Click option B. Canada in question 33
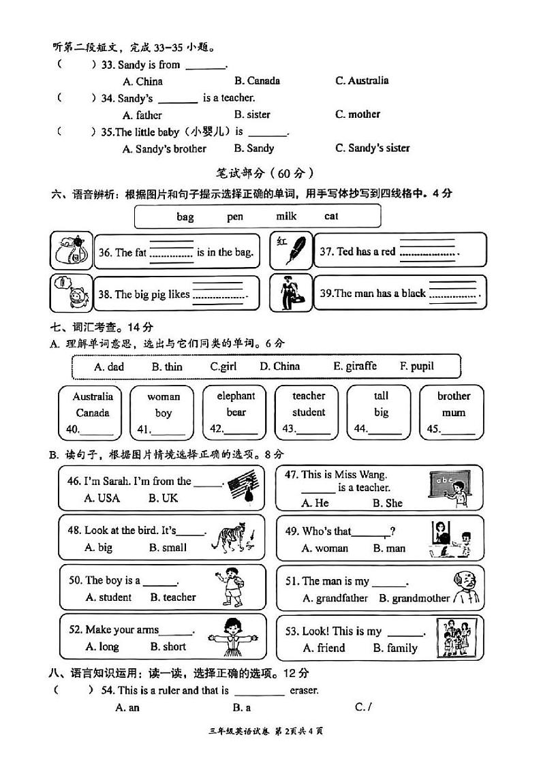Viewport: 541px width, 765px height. [x=256, y=80]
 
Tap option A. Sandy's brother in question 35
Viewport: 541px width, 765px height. [x=164, y=149]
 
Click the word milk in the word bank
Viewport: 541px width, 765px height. [x=286, y=216]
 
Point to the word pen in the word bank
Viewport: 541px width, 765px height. [x=234, y=217]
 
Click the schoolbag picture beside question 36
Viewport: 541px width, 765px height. [x=71, y=251]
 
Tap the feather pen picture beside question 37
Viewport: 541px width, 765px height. [x=291, y=251]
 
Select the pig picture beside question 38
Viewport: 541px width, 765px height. [x=71, y=293]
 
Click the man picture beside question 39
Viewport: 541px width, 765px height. [x=290, y=293]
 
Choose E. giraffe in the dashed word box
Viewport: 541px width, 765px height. [x=354, y=366]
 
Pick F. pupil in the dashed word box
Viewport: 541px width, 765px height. [x=416, y=366]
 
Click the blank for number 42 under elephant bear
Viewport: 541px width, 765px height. [x=242, y=429]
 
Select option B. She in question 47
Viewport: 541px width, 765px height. [x=387, y=503]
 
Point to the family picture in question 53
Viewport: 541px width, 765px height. [x=457, y=639]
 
